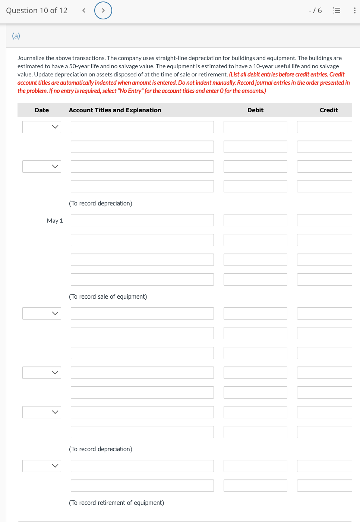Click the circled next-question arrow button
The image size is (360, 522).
click(103, 10)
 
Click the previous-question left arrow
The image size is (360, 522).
click(84, 10)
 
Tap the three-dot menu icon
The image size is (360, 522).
click(354, 10)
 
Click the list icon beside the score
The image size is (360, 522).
click(337, 10)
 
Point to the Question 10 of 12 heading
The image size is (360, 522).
click(37, 10)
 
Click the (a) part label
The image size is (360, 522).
click(16, 36)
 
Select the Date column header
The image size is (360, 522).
click(42, 110)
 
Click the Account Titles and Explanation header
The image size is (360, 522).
click(115, 110)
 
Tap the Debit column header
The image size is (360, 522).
click(255, 110)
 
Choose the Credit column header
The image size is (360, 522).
click(329, 110)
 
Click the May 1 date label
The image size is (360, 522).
click(55, 221)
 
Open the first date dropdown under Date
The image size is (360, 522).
click(42, 127)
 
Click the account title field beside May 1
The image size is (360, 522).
click(142, 220)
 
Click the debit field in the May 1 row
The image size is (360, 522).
click(255, 220)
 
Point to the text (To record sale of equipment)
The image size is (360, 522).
click(108, 296)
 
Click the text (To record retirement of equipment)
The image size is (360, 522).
click(116, 503)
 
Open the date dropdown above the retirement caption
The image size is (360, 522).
click(42, 466)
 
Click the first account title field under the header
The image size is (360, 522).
click(142, 127)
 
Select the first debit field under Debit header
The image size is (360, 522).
click(255, 127)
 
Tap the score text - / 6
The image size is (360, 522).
click(315, 10)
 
